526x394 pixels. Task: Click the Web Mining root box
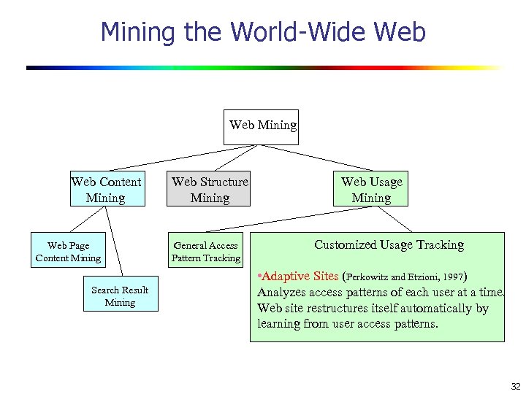(x=262, y=126)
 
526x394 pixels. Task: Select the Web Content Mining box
(x=106, y=190)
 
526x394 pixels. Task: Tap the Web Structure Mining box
(x=210, y=190)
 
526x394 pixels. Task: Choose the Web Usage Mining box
(x=371, y=190)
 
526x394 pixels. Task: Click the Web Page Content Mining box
(x=68, y=252)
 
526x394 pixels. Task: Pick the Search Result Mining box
(x=120, y=295)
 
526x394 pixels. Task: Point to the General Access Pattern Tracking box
(x=205, y=252)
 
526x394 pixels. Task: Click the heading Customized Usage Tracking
(x=389, y=245)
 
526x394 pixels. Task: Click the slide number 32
(x=515, y=386)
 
